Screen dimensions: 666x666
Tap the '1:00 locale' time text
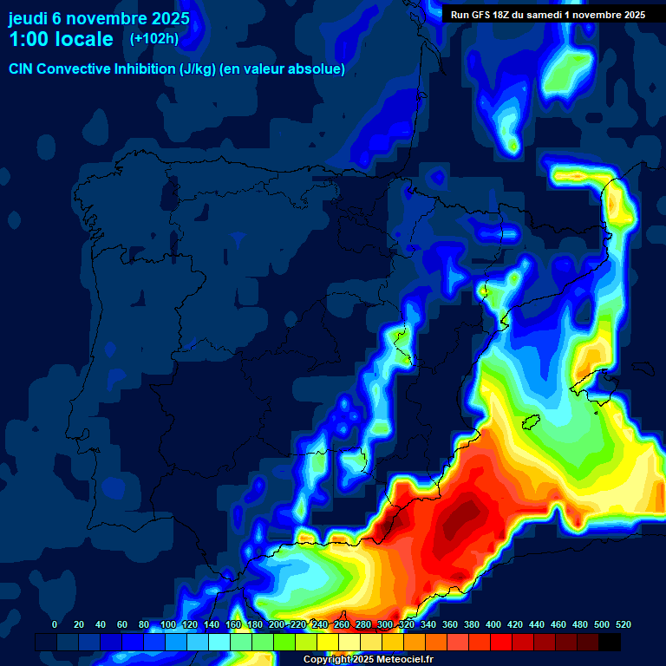(61, 39)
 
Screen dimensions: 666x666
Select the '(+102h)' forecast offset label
(153, 38)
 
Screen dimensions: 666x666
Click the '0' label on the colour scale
(55, 624)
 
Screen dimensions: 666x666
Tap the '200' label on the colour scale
(277, 624)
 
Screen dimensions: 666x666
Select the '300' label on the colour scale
(385, 624)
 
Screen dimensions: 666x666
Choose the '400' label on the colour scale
(493, 624)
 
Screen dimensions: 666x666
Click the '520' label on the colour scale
(624, 624)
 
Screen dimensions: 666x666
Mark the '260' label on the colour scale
(342, 624)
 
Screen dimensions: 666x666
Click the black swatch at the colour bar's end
(610, 643)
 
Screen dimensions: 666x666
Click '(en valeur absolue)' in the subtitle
(283, 69)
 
